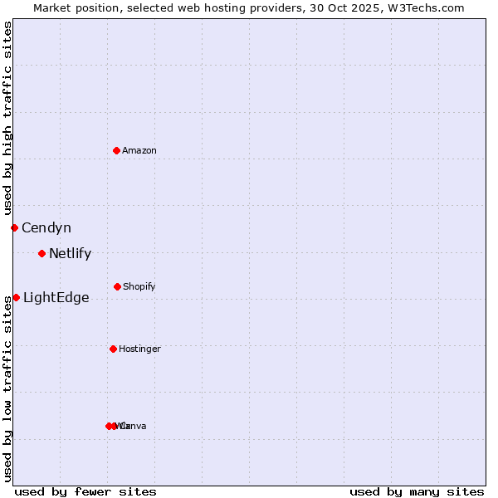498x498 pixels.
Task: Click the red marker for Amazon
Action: [x=117, y=150]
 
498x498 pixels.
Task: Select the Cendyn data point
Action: [x=14, y=227]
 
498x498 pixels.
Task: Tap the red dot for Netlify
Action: [x=41, y=253]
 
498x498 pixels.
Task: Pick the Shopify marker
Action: [x=117, y=286]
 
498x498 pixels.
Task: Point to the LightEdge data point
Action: [x=16, y=297]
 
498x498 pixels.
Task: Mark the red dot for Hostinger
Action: [x=113, y=349]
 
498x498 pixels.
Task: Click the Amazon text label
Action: [x=139, y=150]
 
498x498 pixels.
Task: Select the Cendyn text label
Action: [x=46, y=227]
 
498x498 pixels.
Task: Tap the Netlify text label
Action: [x=70, y=254]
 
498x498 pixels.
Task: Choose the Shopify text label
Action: [x=139, y=286]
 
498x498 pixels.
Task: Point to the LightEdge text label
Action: [x=56, y=298]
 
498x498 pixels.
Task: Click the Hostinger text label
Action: [x=139, y=349]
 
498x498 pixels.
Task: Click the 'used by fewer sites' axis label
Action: [x=85, y=491]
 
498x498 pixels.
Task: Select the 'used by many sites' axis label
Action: [x=417, y=491]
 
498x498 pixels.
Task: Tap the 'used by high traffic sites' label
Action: [x=7, y=119]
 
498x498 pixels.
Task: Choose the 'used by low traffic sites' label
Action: [x=7, y=388]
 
